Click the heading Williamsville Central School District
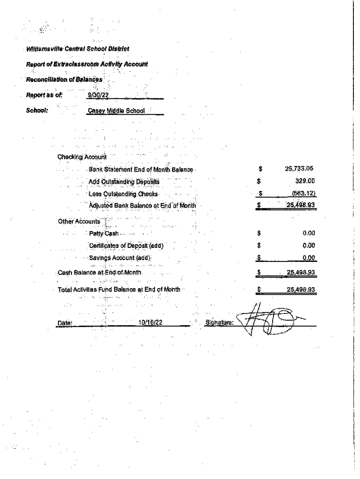tap(78, 49)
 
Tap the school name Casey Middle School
tap(116, 111)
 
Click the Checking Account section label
tap(82, 157)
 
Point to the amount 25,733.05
tap(299, 168)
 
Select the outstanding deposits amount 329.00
tap(305, 181)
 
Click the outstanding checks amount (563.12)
tap(303, 193)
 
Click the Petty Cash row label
tap(104, 233)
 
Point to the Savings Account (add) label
tap(121, 257)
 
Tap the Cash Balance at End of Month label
tap(100, 272)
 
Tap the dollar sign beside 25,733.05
tap(260, 168)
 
